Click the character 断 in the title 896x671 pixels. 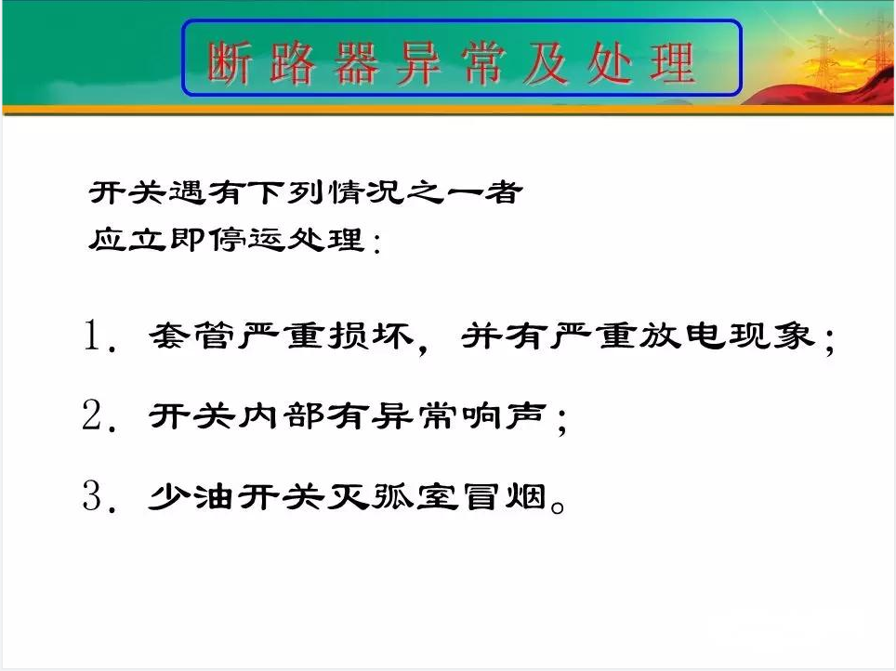(229, 63)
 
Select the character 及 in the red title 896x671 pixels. (547, 63)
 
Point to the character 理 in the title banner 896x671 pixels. (673, 62)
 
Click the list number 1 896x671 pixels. (93, 335)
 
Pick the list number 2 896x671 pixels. (92, 414)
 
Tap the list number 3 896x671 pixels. (92, 495)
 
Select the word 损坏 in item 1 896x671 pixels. (371, 335)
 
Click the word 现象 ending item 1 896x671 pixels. (771, 335)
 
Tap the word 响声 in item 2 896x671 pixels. (504, 415)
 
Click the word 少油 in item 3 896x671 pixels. (192, 496)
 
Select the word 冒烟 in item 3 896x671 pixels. (504, 496)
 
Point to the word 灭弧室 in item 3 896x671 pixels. (392, 496)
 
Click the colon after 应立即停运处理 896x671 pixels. (376, 243)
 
